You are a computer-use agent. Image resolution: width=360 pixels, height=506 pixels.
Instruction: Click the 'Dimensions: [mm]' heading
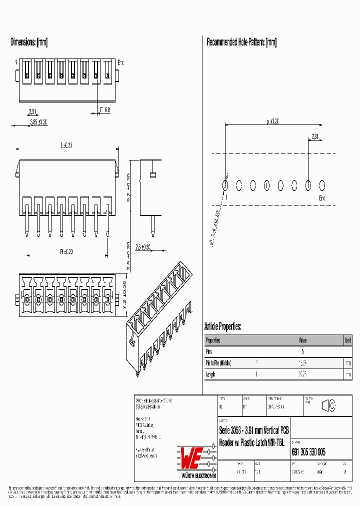click(x=29, y=42)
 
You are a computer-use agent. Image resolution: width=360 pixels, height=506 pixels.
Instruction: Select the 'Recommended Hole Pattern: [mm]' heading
click(x=241, y=42)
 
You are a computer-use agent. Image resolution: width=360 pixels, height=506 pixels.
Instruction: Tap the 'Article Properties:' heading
click(x=222, y=326)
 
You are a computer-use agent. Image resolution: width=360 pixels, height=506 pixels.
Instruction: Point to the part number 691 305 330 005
click(x=308, y=452)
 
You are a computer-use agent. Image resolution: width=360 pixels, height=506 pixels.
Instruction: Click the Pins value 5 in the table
click(x=302, y=351)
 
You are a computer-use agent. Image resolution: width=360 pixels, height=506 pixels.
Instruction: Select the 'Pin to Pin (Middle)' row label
click(x=218, y=363)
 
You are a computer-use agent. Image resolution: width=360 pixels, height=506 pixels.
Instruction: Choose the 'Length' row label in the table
click(x=210, y=374)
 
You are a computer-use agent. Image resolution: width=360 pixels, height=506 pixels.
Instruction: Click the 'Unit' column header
click(x=347, y=340)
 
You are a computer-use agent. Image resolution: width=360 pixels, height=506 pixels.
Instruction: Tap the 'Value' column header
click(x=302, y=340)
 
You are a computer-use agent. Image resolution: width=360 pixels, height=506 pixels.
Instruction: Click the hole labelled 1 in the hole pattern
click(x=225, y=185)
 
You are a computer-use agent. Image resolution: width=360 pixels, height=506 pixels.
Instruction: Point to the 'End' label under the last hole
click(x=322, y=198)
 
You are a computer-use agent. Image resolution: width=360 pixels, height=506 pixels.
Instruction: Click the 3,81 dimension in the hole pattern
click(x=314, y=136)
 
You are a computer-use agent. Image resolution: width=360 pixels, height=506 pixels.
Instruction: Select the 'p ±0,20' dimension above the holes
click(x=272, y=121)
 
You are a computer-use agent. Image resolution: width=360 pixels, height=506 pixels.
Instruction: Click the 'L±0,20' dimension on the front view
click(x=66, y=145)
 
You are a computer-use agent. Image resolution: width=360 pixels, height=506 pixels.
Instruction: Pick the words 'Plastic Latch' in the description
click(x=253, y=442)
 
